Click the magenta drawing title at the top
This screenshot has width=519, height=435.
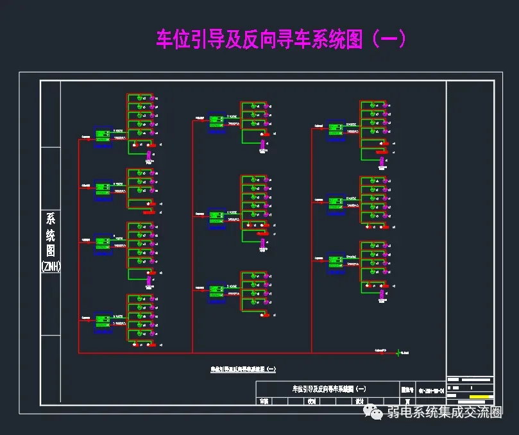(x=281, y=39)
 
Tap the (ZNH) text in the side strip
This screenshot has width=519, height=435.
(x=50, y=265)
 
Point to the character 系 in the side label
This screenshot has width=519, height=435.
(x=50, y=218)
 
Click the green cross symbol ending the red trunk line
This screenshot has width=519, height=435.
(x=398, y=352)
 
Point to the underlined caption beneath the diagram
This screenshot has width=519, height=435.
(x=244, y=370)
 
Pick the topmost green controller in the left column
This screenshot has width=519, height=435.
(x=103, y=135)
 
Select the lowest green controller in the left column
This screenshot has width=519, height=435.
(x=103, y=319)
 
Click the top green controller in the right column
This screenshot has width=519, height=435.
(x=336, y=128)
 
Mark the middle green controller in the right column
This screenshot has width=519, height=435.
(x=336, y=202)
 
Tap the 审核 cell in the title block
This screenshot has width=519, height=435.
(x=263, y=401)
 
